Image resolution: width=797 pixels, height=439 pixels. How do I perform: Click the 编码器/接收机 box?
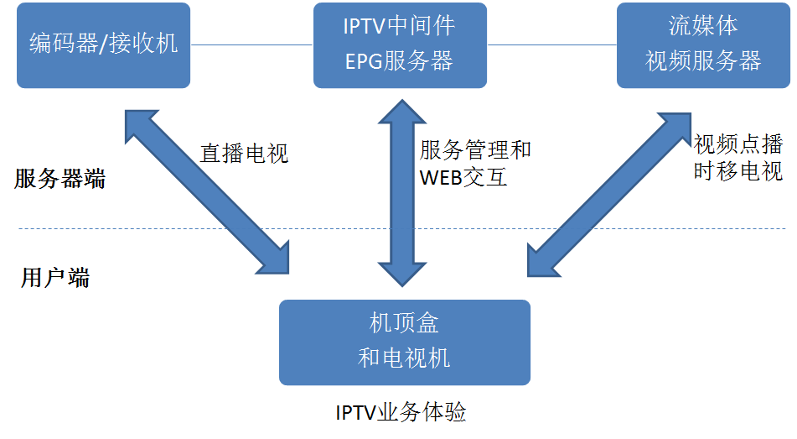point(103,44)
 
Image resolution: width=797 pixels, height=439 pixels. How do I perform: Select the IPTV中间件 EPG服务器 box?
point(400,44)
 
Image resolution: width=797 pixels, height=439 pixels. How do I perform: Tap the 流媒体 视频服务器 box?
point(703,44)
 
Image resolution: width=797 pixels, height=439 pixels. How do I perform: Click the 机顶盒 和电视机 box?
point(404,342)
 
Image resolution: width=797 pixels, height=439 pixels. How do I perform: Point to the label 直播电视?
point(244,153)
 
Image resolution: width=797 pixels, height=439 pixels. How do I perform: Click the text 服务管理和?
point(475,150)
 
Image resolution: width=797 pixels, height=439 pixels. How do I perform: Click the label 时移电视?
point(737,171)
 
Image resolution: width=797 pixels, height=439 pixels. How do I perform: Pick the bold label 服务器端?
point(60,179)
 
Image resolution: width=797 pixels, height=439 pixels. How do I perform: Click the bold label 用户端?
point(54,279)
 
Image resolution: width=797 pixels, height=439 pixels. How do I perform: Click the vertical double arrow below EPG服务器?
point(401,193)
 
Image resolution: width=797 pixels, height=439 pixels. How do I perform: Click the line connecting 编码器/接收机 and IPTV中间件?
point(251,44)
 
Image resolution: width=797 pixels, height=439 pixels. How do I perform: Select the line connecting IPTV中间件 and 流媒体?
point(551,44)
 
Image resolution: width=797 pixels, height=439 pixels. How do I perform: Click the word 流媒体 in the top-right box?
point(703,25)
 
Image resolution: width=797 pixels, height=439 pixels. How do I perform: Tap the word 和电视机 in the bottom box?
point(404,358)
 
